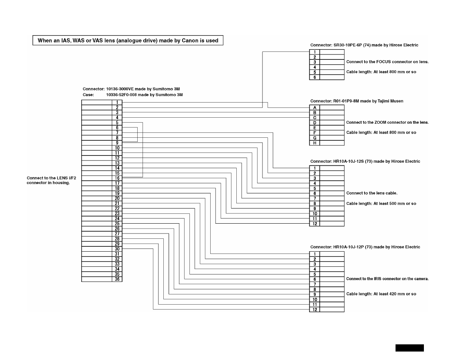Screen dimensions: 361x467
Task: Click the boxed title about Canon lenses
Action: [x=128, y=40]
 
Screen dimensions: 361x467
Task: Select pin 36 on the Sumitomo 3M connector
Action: [x=117, y=279]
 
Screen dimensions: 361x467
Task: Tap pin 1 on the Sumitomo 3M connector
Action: [x=117, y=103]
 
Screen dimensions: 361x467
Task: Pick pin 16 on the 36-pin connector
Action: [x=117, y=178]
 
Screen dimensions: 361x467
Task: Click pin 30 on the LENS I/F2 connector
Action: [x=117, y=249]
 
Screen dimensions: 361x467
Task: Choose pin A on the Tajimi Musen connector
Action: [x=315, y=107]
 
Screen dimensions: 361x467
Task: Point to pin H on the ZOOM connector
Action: [x=315, y=143]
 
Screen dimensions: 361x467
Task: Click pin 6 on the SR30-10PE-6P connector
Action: [x=315, y=77]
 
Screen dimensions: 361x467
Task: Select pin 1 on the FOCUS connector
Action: [x=315, y=52]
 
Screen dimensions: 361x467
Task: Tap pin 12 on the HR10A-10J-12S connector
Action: [x=315, y=224]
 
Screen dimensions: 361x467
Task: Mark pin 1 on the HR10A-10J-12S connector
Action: [x=315, y=168]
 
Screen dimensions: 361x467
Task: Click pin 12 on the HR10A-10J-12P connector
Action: [x=315, y=310]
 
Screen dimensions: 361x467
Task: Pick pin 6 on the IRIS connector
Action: [x=315, y=279]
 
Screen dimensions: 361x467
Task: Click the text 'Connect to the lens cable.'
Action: [x=372, y=193]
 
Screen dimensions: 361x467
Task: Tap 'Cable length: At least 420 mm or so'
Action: [x=381, y=294]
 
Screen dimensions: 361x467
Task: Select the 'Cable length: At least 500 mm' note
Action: [x=381, y=204]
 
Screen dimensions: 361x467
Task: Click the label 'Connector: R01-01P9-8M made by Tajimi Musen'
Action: [x=357, y=101]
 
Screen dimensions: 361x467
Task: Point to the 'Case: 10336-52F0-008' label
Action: [x=133, y=95]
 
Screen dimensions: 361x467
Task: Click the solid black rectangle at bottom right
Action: [x=410, y=348]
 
